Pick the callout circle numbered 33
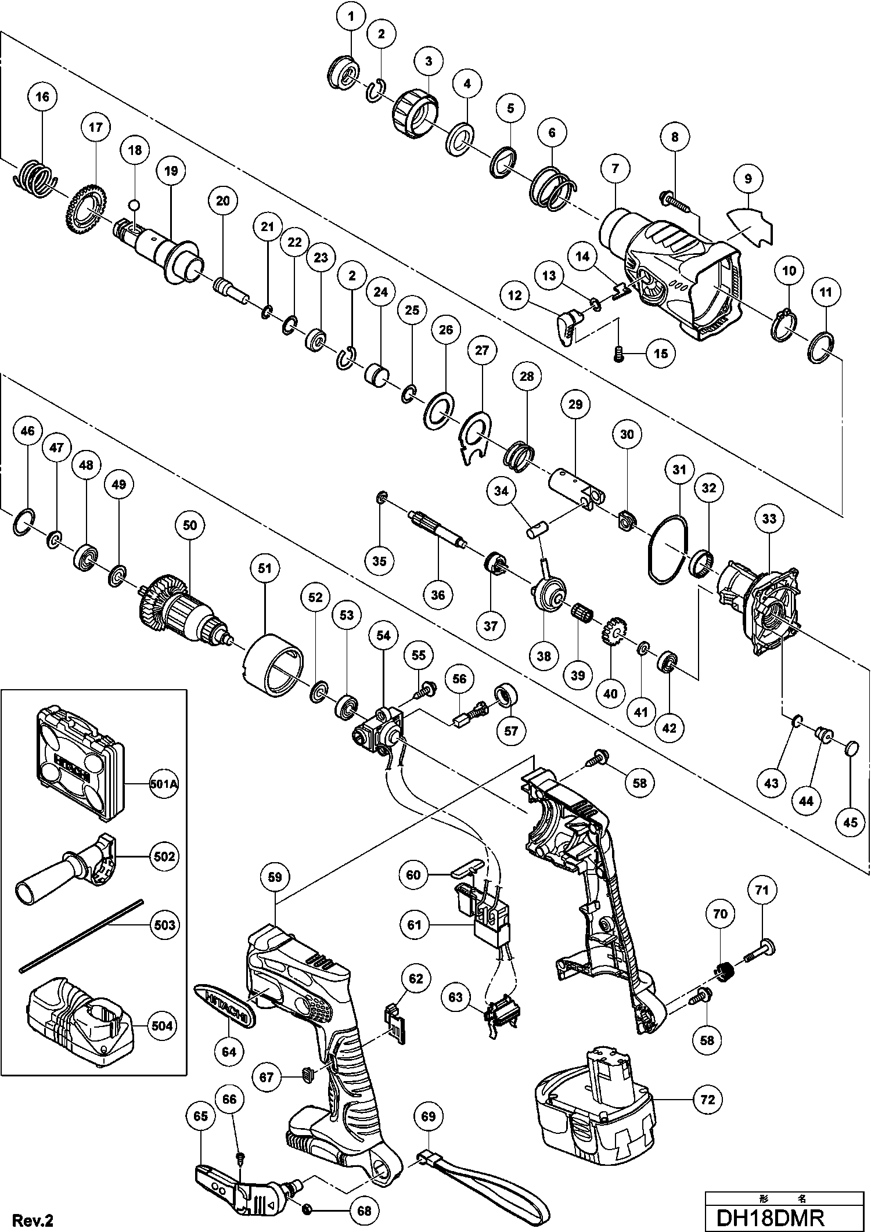coord(769,518)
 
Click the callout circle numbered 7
coord(615,169)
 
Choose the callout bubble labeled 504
coord(162,1026)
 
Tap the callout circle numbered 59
coord(275,877)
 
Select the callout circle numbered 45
coord(850,822)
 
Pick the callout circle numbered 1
coord(351,17)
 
